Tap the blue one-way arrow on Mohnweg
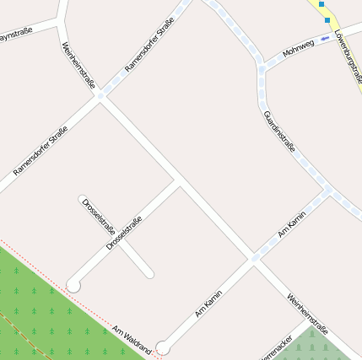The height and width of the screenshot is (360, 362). click(325, 38)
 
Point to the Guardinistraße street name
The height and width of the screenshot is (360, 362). click(279, 131)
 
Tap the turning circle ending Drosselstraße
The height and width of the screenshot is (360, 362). click(73, 286)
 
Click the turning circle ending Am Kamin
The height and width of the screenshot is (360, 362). click(163, 347)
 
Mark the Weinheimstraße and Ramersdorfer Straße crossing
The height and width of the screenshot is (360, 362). click(100, 97)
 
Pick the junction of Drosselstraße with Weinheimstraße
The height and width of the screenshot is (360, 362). click(179, 181)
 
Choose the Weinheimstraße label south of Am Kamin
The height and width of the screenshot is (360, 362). click(307, 314)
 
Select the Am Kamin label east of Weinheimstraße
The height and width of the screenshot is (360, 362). click(291, 225)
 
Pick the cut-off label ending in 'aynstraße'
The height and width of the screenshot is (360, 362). click(16, 35)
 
